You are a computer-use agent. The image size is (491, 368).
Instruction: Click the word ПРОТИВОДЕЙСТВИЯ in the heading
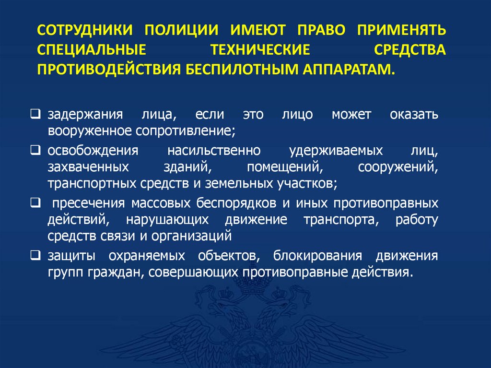tap(107, 69)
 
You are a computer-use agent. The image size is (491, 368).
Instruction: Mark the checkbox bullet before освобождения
tap(36, 150)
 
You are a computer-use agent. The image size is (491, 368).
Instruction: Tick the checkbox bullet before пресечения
tap(36, 202)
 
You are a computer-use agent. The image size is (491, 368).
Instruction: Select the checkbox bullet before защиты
tap(36, 254)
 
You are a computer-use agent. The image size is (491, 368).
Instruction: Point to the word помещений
tap(282, 167)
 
